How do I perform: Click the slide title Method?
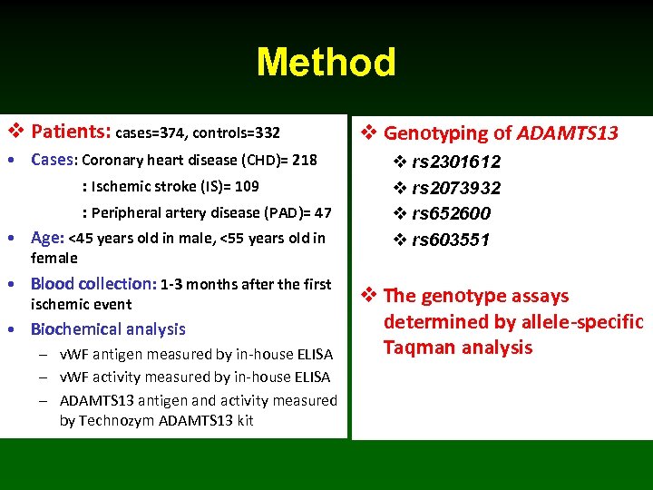(326, 63)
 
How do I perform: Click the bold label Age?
(47, 238)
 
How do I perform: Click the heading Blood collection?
(93, 284)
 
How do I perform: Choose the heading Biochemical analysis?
(107, 329)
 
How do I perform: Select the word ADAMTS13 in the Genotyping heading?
(567, 133)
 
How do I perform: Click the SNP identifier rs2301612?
(455, 162)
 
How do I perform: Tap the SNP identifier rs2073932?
(455, 188)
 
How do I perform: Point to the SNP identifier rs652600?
(451, 213)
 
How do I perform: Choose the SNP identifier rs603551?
(451, 240)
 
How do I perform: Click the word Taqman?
(414, 348)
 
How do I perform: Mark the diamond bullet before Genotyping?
(369, 133)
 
